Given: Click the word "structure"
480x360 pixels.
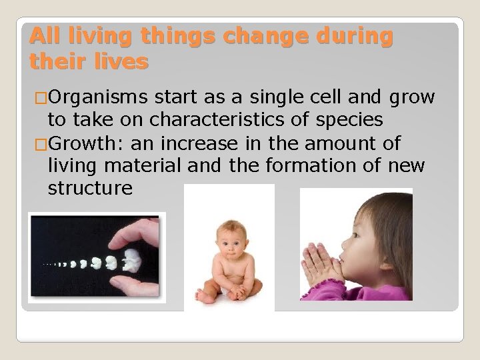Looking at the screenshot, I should pyautogui.click(x=91, y=188).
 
